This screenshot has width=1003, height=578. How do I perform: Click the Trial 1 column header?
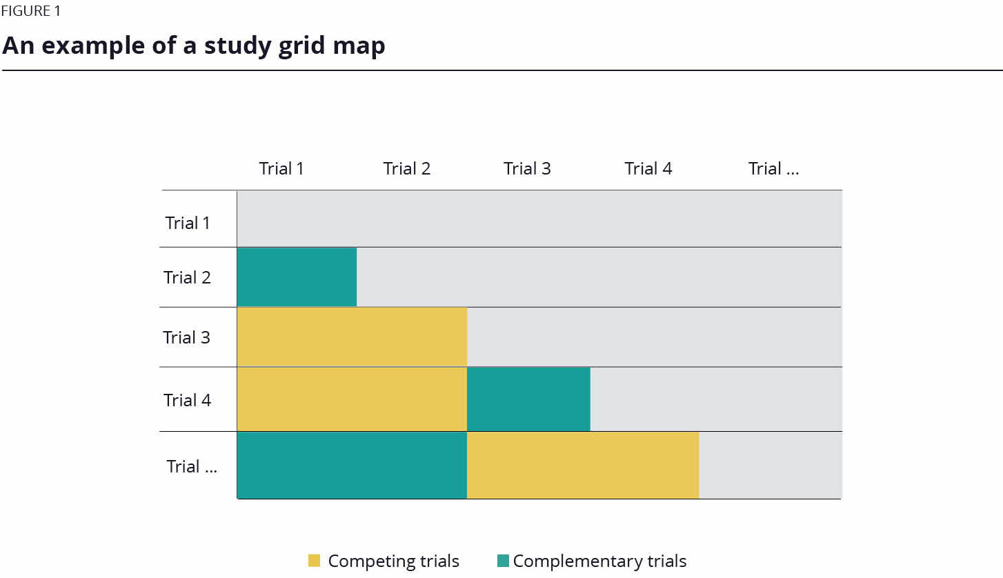tap(281, 169)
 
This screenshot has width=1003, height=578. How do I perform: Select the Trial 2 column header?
tap(406, 169)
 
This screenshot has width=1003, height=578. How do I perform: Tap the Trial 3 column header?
tap(527, 169)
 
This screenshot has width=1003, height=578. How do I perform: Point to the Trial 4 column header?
tap(648, 169)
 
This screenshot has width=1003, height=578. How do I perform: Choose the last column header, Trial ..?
tap(773, 169)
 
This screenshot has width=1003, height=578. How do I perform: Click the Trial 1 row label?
tap(188, 223)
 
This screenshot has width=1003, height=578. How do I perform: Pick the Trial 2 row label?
tap(187, 277)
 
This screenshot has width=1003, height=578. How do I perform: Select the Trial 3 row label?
tap(186, 337)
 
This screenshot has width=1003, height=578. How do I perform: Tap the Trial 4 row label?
tap(187, 400)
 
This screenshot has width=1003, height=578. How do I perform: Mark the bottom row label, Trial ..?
tap(192, 466)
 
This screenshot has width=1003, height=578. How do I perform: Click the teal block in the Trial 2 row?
tap(297, 277)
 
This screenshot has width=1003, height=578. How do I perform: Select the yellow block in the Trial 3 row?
tap(352, 337)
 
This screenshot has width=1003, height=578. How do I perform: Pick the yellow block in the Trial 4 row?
tap(352, 399)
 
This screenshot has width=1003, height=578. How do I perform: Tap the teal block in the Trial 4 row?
tap(528, 399)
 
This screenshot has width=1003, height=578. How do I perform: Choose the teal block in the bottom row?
tap(352, 466)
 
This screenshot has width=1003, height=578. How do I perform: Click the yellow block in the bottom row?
tap(583, 466)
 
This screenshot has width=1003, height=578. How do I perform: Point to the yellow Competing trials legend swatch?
tap(315, 561)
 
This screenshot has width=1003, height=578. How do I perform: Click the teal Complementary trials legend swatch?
tap(503, 561)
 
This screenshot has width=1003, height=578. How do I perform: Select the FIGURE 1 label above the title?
tap(30, 12)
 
